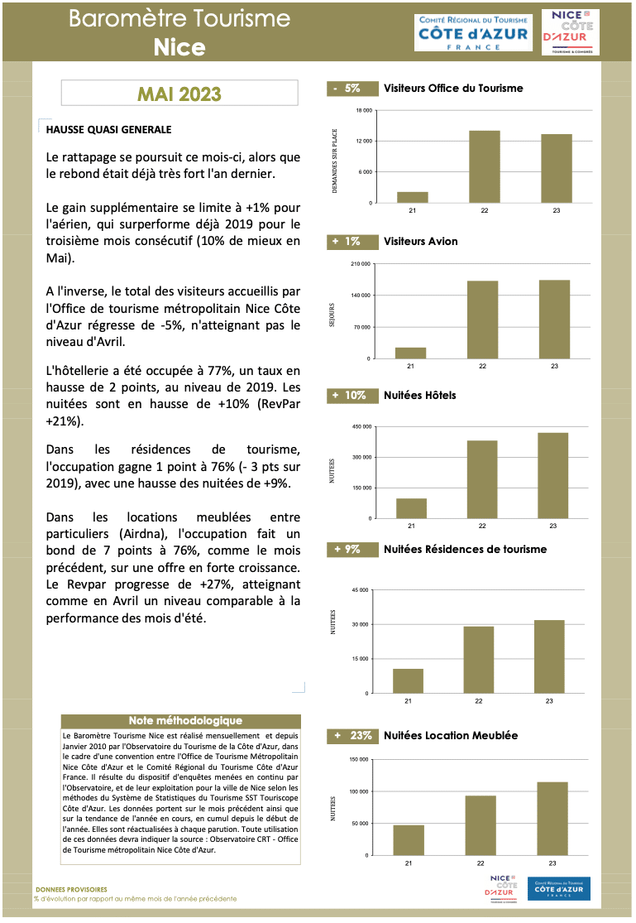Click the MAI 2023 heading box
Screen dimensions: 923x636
pyautogui.click(x=179, y=94)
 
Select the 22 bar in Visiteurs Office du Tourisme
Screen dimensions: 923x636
pyautogui.click(x=485, y=166)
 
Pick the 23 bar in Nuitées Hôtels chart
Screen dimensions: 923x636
pyautogui.click(x=552, y=475)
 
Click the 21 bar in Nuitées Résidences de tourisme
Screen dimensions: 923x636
pyautogui.click(x=408, y=680)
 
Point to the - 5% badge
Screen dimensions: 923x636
pyautogui.click(x=345, y=88)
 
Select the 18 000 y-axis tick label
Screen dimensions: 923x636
pyautogui.click(x=364, y=110)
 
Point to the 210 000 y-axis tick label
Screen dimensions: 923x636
pyautogui.click(x=361, y=264)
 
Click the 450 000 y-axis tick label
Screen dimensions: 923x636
pyautogui.click(x=361, y=426)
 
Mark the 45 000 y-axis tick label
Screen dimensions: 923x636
pyautogui.click(x=360, y=590)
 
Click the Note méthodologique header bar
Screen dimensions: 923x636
pyautogui.click(x=185, y=721)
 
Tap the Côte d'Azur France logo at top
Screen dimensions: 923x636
pyautogui.click(x=473, y=32)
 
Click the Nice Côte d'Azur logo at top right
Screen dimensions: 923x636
pyautogui.click(x=570, y=32)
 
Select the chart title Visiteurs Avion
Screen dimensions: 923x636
pyautogui.click(x=420, y=242)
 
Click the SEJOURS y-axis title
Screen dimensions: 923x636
pyautogui.click(x=332, y=310)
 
